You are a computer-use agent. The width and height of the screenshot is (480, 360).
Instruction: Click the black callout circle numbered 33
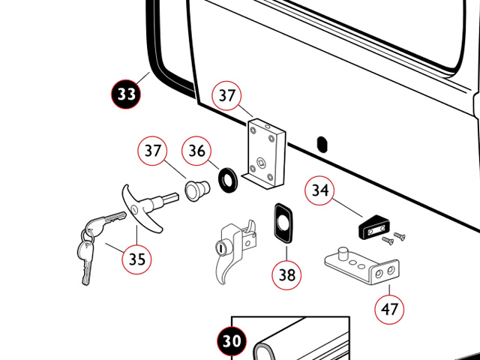coord(127,94)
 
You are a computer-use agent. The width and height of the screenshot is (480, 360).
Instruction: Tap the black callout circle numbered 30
coord(233,343)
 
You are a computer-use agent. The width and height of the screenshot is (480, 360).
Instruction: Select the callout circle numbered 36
coord(197,151)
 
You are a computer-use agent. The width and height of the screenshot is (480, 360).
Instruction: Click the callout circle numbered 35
coord(136,259)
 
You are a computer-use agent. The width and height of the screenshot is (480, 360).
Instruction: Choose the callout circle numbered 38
coord(287,274)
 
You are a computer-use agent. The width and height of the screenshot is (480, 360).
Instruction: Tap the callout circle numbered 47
coord(390,307)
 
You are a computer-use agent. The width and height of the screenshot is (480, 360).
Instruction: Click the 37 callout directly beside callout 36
coord(153,151)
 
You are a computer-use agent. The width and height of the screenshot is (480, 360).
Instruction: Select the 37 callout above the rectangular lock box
coord(227,95)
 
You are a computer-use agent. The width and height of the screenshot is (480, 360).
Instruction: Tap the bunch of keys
coord(94,240)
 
